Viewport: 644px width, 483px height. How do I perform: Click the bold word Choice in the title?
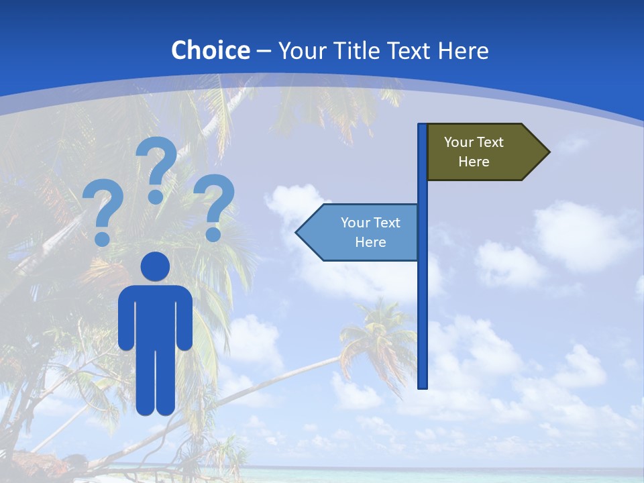(210, 50)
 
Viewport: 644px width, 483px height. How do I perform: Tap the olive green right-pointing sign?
(483, 152)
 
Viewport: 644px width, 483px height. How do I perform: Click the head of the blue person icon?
(156, 266)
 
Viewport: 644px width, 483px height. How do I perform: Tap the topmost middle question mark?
(156, 168)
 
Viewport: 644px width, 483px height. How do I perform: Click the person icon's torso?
(156, 315)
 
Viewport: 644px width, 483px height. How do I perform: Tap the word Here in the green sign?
(474, 162)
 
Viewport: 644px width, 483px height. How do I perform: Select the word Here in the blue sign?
(370, 242)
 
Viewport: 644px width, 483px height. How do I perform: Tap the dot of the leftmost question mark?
(102, 239)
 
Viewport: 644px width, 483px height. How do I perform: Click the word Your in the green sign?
(459, 142)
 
